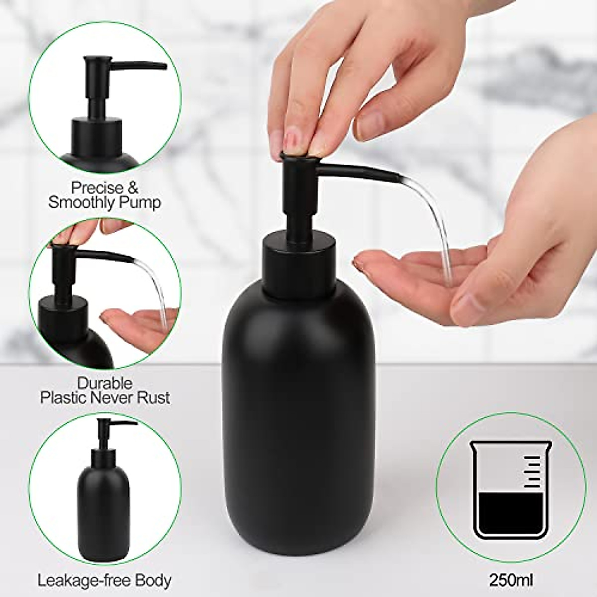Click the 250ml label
tap(510, 580)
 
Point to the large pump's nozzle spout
tap(358, 174)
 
